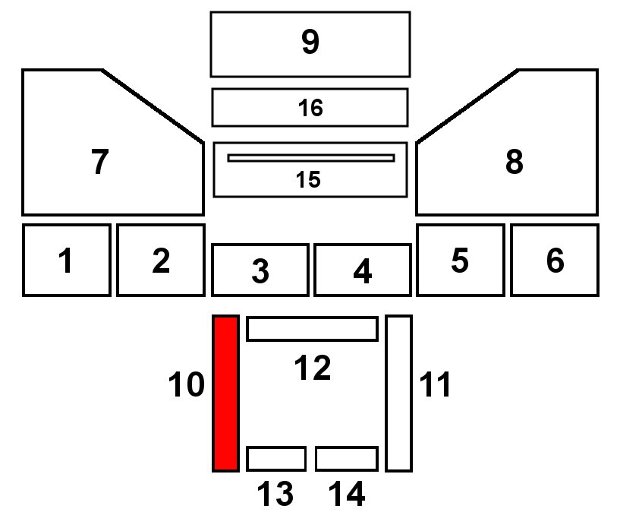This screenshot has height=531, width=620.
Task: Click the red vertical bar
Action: pyautogui.click(x=225, y=393)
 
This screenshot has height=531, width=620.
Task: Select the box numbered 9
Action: pyautogui.click(x=310, y=44)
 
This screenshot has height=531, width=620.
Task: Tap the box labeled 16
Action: pyautogui.click(x=310, y=107)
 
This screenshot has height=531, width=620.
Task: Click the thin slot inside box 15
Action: pyautogui.click(x=311, y=158)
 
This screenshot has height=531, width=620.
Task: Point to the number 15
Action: pyautogui.click(x=308, y=180)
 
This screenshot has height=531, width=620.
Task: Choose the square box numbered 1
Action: pyautogui.click(x=67, y=260)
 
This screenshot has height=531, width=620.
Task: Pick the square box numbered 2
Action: pyautogui.click(x=160, y=260)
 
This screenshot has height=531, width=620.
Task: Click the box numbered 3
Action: pyautogui.click(x=260, y=270)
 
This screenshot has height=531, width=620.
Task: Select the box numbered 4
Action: pyautogui.click(x=362, y=270)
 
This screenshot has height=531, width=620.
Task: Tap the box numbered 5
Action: pyautogui.click(x=459, y=260)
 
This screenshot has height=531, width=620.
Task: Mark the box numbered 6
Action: pyautogui.click(x=554, y=260)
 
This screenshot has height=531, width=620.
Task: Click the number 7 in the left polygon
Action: pyautogui.click(x=99, y=162)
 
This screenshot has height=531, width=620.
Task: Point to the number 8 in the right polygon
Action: pyautogui.click(x=514, y=162)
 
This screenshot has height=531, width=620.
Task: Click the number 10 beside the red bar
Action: pyautogui.click(x=187, y=386)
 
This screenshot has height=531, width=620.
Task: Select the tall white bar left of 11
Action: pyautogui.click(x=398, y=393)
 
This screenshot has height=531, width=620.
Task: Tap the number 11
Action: pyautogui.click(x=436, y=386)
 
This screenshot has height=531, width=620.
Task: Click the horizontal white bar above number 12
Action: pyautogui.click(x=312, y=329)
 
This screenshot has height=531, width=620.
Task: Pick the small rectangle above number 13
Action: pyautogui.click(x=276, y=459)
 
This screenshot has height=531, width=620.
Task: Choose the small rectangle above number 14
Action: pyautogui.click(x=346, y=459)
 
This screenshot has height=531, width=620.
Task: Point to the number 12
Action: pyautogui.click(x=312, y=368)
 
